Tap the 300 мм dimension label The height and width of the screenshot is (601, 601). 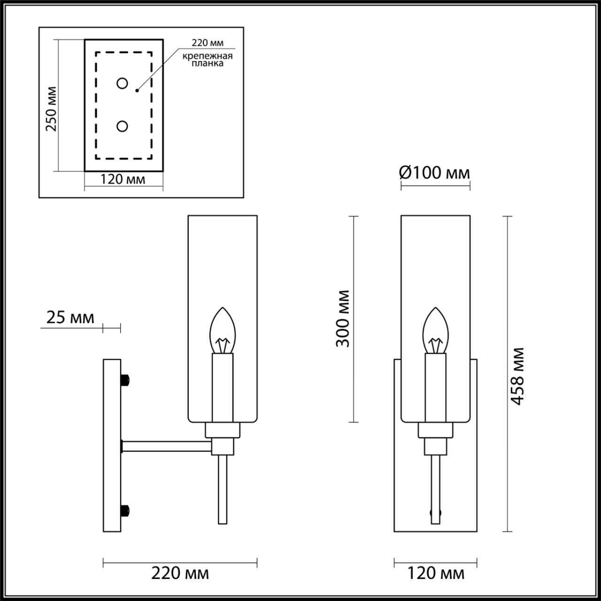click(x=343, y=318)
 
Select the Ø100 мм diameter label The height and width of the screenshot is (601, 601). click(x=434, y=173)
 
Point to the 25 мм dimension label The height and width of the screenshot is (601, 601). click(x=70, y=317)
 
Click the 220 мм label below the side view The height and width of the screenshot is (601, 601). click(x=180, y=573)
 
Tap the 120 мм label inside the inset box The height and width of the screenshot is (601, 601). click(x=123, y=179)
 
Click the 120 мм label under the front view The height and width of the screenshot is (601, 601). click(x=435, y=573)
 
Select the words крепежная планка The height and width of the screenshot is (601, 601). click(x=208, y=60)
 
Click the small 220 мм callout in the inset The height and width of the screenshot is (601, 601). click(x=208, y=43)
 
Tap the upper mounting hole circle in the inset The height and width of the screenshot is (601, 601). click(x=122, y=84)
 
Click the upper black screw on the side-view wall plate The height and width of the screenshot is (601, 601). click(x=125, y=379)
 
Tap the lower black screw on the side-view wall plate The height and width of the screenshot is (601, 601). click(x=125, y=510)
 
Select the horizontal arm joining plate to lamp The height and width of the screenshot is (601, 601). click(x=167, y=446)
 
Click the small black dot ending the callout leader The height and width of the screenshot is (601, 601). click(x=137, y=90)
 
